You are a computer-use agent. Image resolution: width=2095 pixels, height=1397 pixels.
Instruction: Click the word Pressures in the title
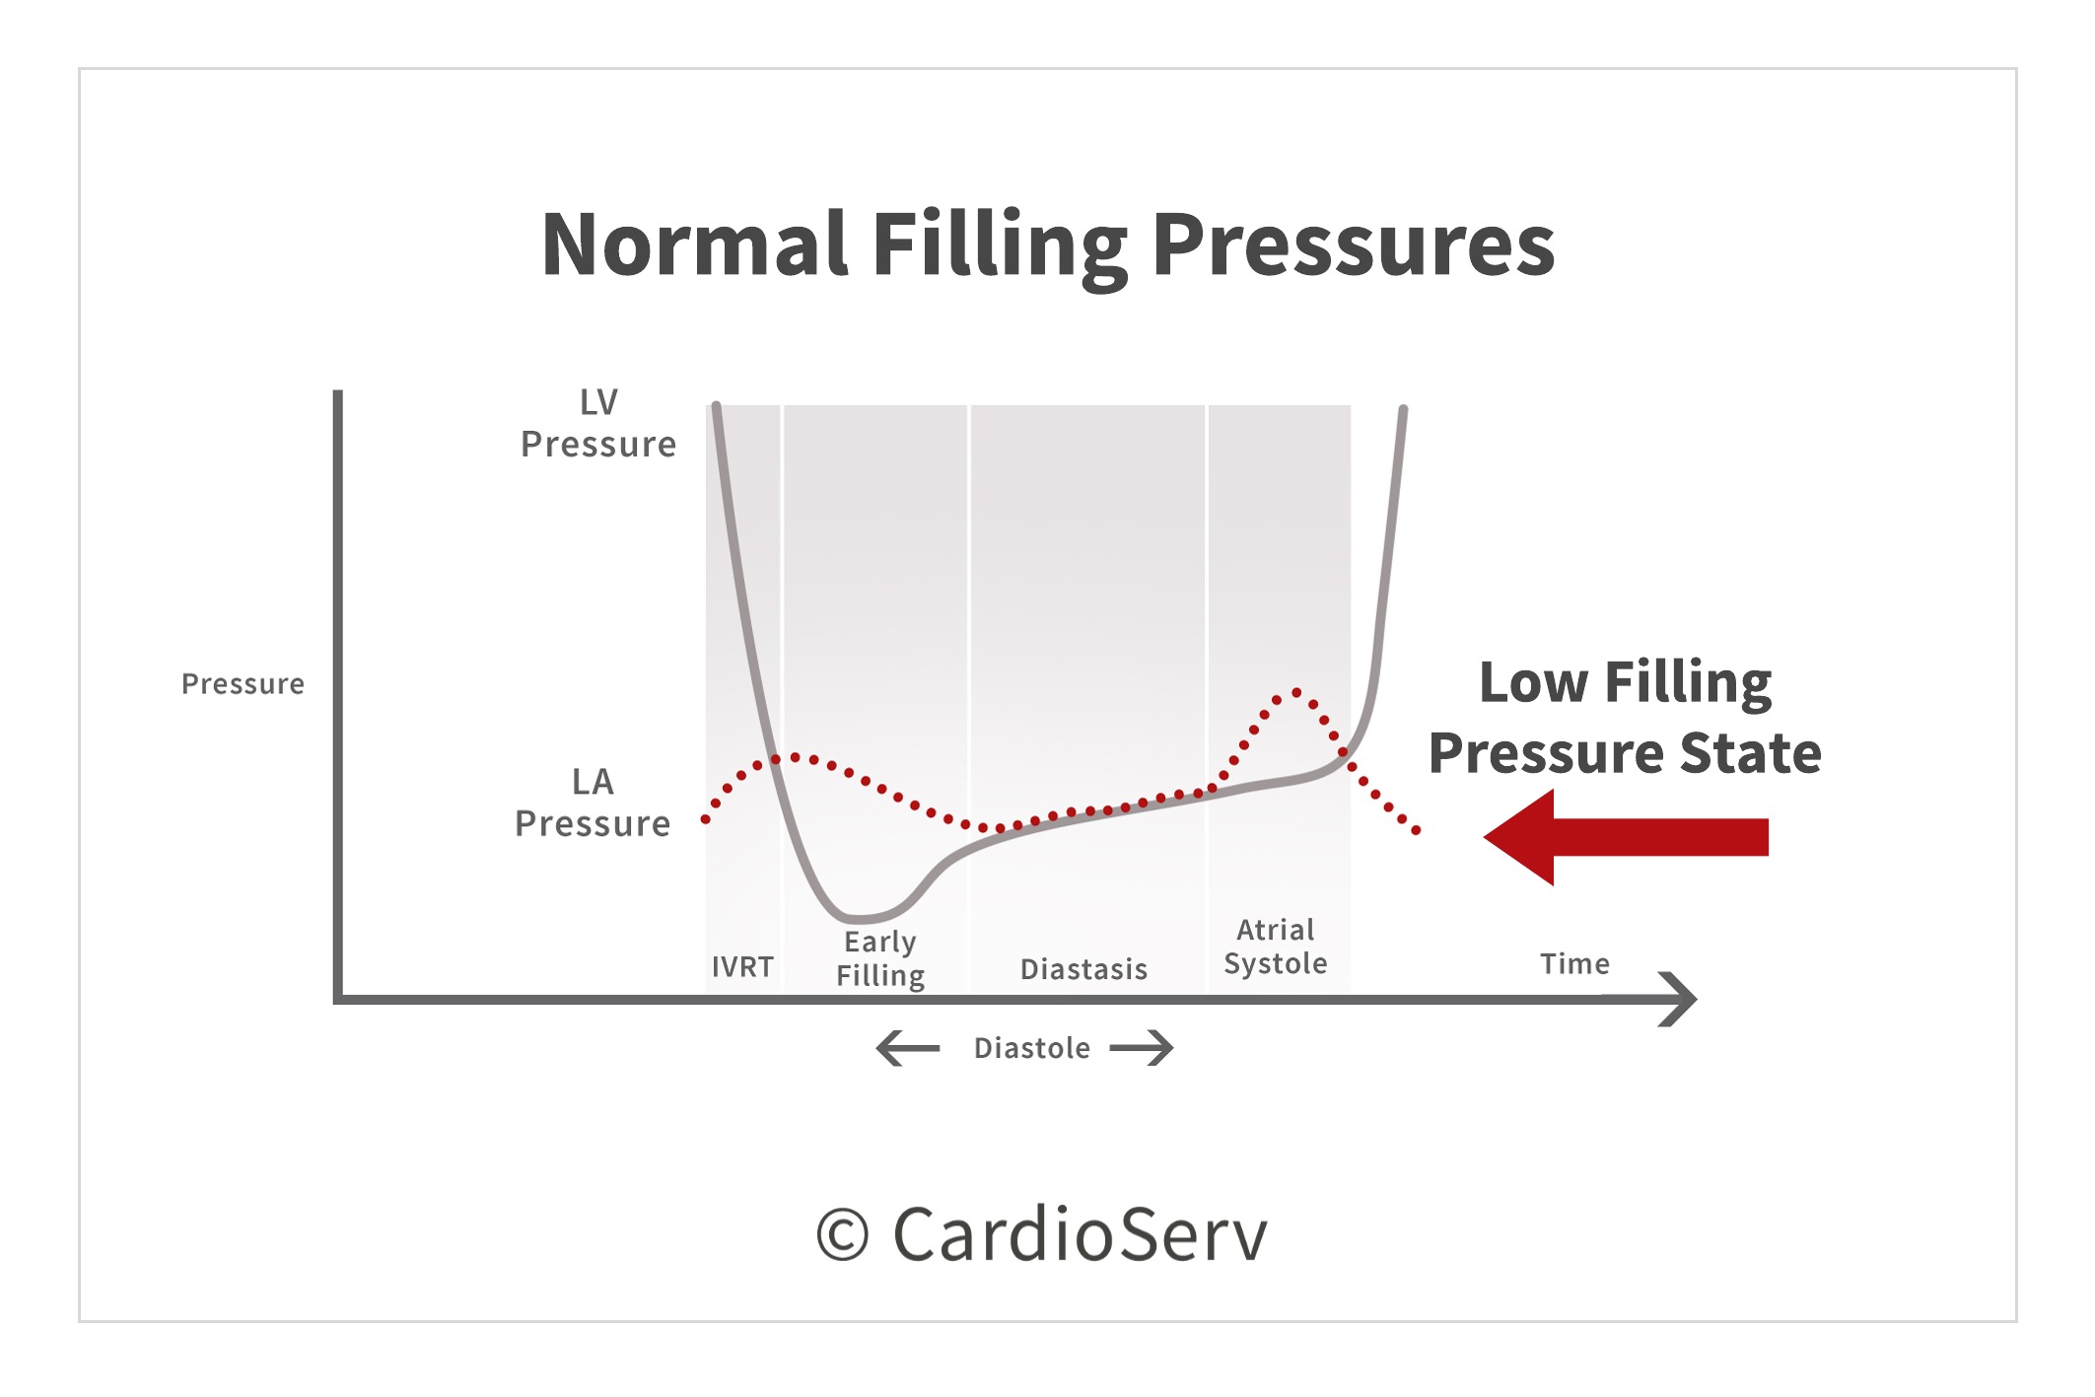tap(1353, 246)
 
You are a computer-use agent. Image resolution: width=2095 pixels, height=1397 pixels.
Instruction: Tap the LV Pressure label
tap(598, 424)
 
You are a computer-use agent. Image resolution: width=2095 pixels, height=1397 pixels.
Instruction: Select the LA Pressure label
tap(593, 803)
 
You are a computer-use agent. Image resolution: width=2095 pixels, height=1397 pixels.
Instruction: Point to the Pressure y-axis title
tap(243, 684)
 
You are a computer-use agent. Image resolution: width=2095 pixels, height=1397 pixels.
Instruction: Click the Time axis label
tap(1574, 963)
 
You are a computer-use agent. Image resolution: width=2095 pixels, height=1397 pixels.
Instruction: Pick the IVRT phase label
tap(742, 967)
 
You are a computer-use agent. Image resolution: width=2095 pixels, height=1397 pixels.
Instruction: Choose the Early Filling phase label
tap(880, 958)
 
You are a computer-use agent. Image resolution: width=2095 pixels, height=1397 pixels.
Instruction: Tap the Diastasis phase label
tap(1083, 969)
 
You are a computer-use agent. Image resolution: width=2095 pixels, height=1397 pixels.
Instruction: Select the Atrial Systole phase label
tap(1276, 946)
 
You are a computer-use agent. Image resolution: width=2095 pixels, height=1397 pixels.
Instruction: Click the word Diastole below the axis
tap(1031, 1048)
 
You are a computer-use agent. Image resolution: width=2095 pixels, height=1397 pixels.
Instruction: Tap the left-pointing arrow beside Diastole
tap(908, 1048)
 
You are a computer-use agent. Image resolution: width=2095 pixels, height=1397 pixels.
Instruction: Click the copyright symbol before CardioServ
tap(843, 1235)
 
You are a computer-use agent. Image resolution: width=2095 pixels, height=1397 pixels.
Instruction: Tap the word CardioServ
tap(1080, 1234)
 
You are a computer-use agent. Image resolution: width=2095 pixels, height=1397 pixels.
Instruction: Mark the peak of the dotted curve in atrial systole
tap(1296, 692)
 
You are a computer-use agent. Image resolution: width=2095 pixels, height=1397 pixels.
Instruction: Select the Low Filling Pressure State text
tap(1625, 717)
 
